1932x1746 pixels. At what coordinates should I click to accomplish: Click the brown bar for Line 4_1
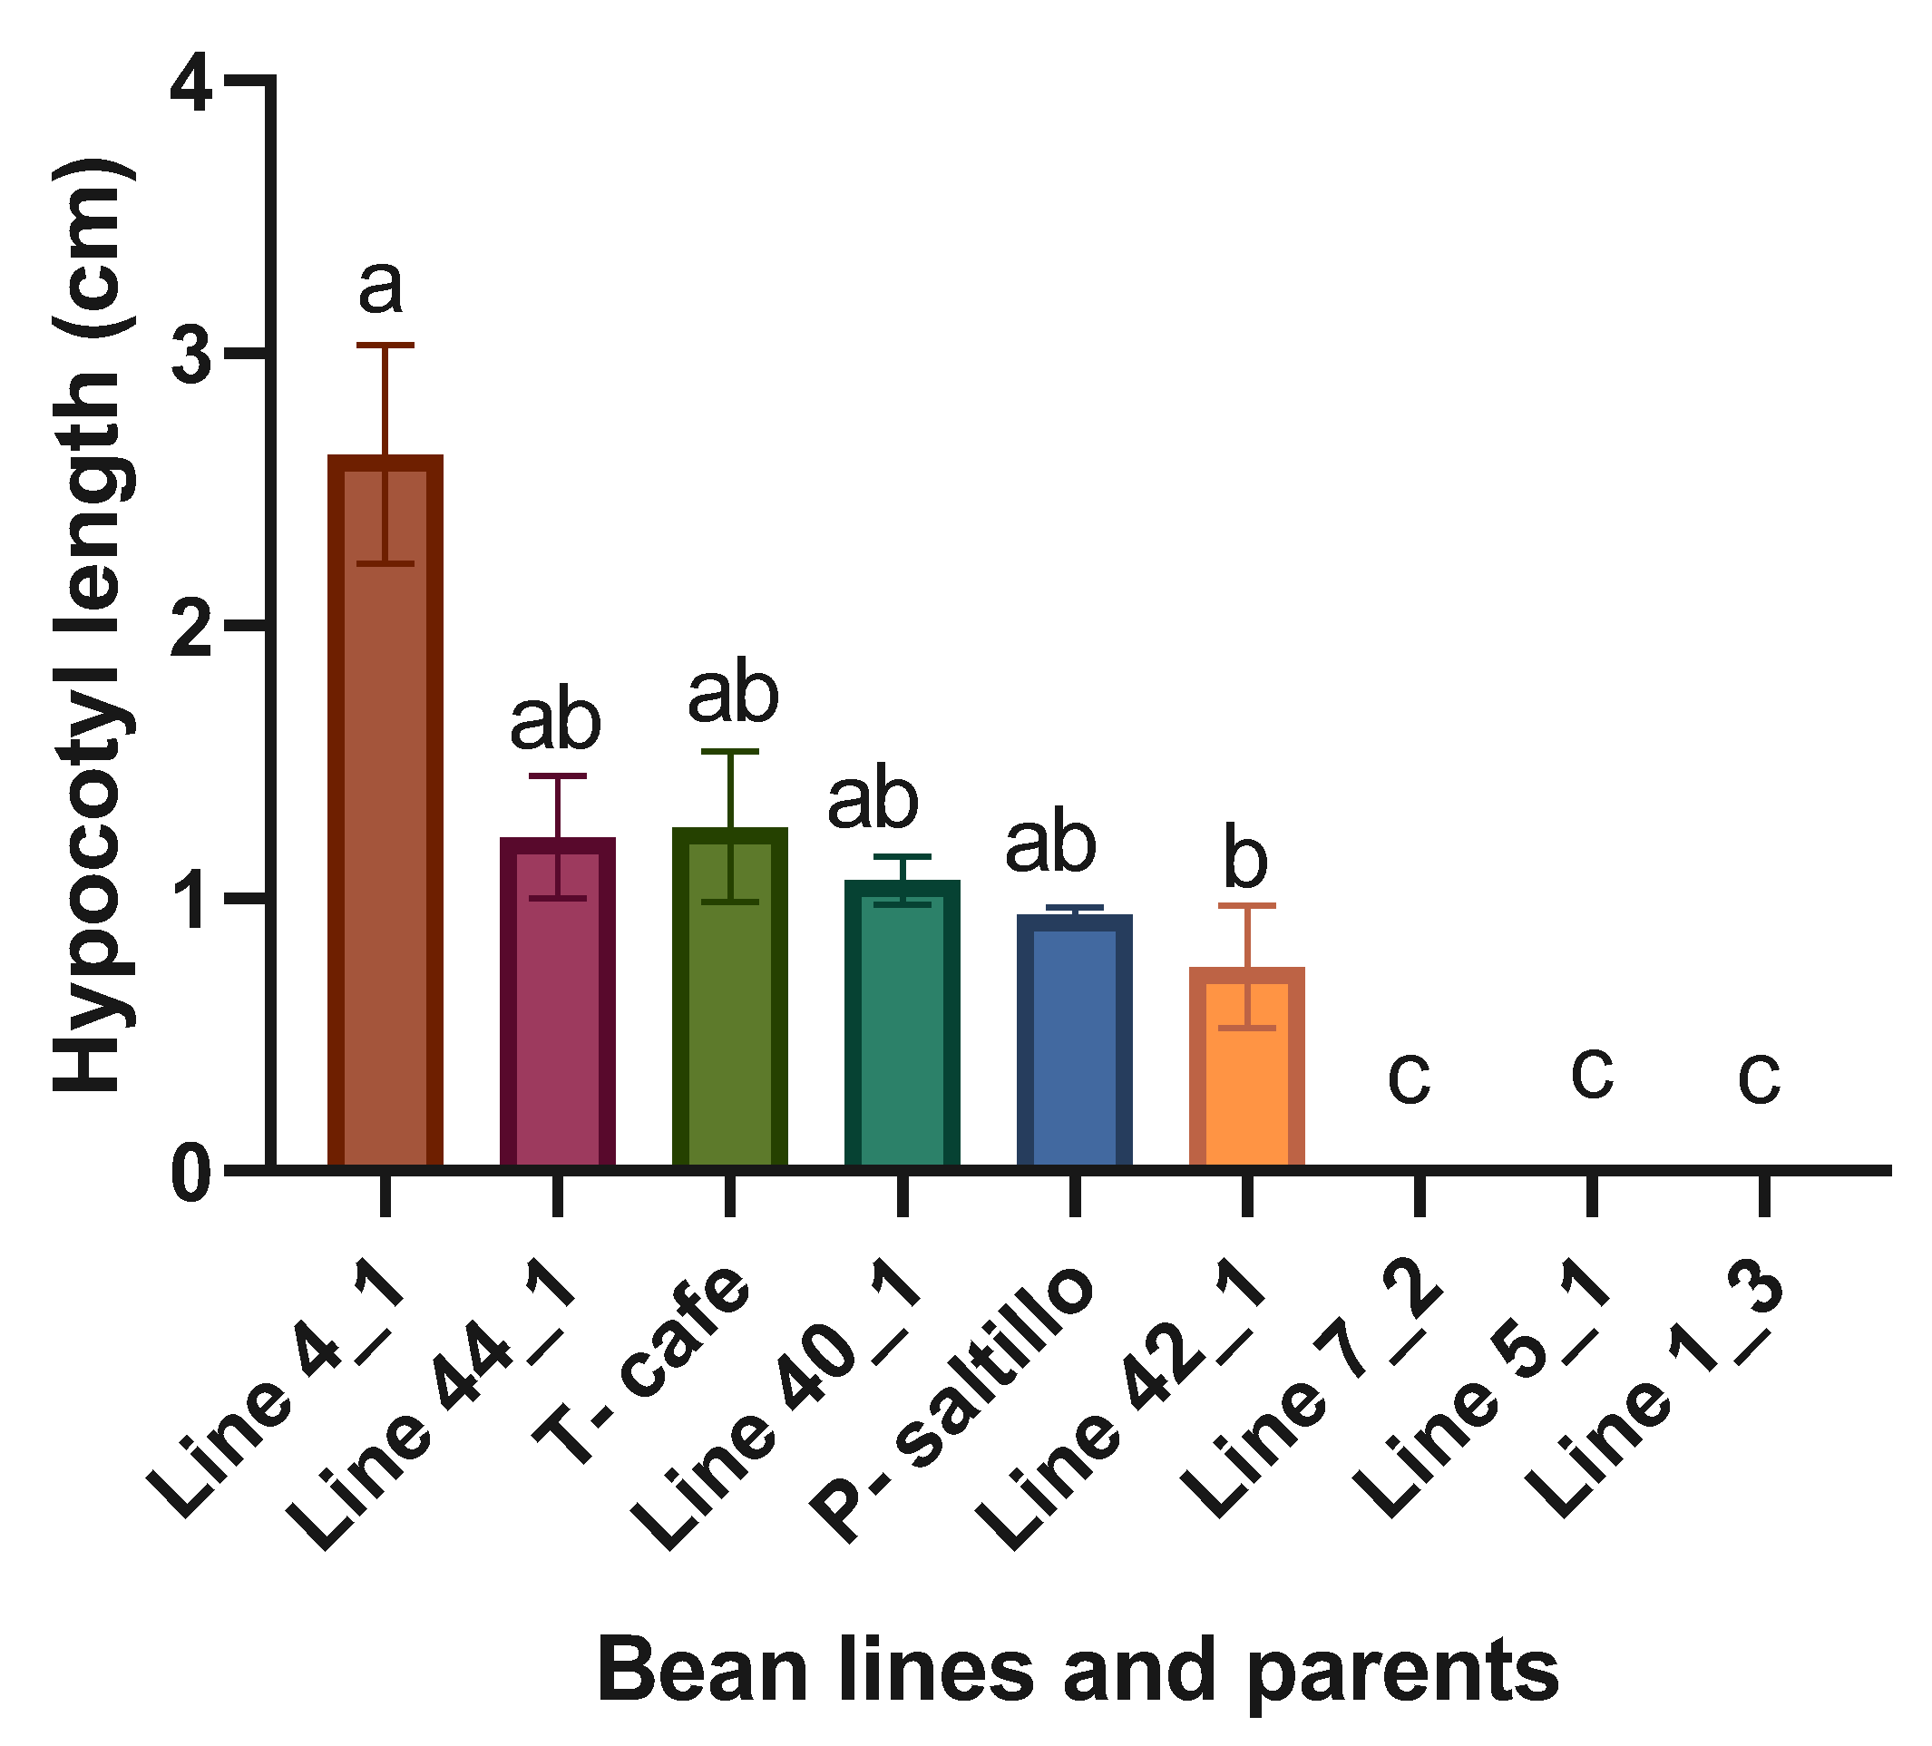pyautogui.click(x=385, y=814)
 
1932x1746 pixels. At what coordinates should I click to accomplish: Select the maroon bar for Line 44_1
pyautogui.click(x=558, y=1006)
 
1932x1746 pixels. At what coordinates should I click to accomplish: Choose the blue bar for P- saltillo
pyautogui.click(x=1075, y=1045)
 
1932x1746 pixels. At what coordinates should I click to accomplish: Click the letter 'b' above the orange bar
pyautogui.click(x=1246, y=860)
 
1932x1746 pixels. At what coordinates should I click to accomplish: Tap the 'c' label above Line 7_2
pyautogui.click(x=1410, y=1076)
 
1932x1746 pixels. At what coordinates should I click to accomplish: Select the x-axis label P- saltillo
pyautogui.click(x=953, y=1404)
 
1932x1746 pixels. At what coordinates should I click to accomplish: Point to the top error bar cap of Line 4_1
pyautogui.click(x=385, y=344)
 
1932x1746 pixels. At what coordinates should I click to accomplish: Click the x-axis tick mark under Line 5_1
pyautogui.click(x=1592, y=1193)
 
